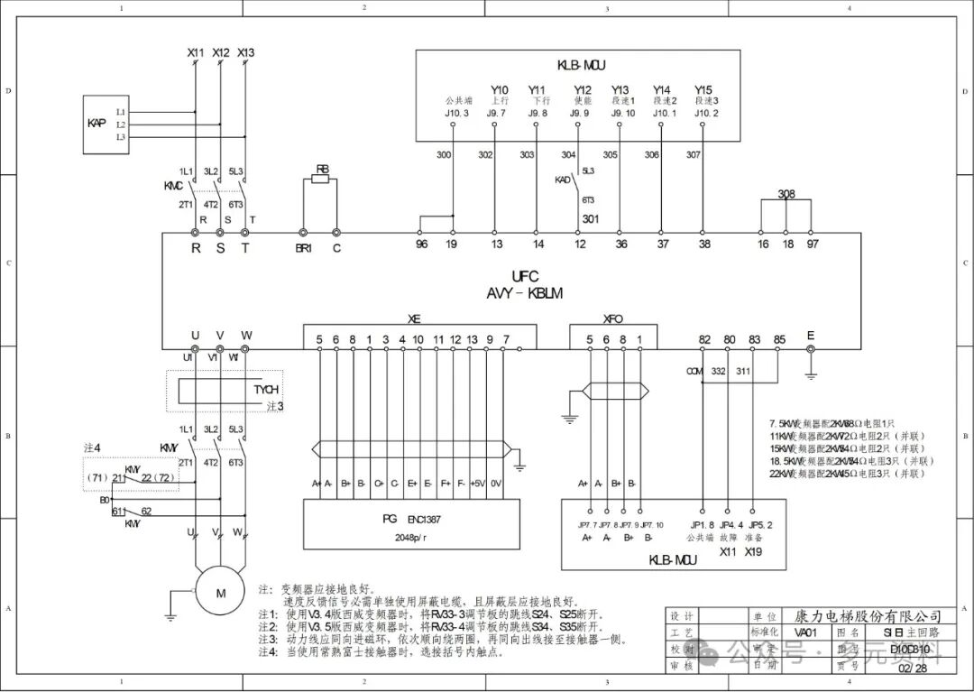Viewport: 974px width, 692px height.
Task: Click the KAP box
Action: pos(97,122)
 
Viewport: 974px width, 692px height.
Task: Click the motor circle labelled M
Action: pos(220,593)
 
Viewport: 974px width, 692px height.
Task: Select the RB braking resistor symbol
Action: pos(322,180)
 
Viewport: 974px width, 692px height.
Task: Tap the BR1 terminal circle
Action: pos(303,233)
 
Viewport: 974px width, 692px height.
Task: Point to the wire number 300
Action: pos(444,155)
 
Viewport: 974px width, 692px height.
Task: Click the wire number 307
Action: pos(693,155)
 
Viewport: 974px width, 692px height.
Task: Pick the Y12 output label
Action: pos(583,90)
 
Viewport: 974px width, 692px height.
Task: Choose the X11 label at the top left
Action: pos(196,53)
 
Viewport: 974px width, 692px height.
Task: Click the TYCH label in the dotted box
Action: pos(266,391)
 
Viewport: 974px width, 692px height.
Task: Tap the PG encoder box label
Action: pos(390,520)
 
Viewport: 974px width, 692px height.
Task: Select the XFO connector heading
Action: pos(613,318)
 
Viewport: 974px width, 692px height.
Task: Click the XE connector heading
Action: pos(414,318)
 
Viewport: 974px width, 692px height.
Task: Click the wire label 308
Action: pos(786,194)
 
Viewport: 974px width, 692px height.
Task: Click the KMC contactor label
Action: pos(173,185)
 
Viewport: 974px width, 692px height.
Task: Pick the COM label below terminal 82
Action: pos(694,371)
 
